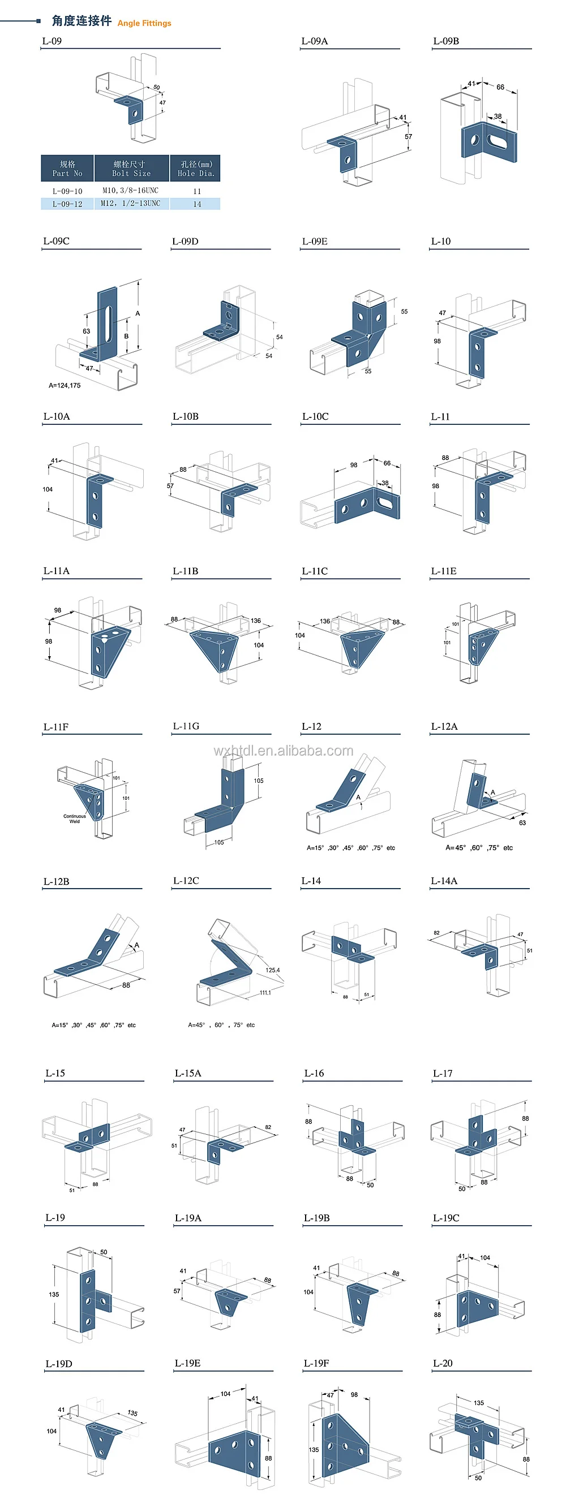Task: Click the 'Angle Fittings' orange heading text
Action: click(x=144, y=23)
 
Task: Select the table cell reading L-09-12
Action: click(x=67, y=204)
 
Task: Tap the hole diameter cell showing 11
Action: click(x=197, y=191)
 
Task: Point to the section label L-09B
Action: click(x=446, y=41)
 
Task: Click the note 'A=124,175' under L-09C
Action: click(x=65, y=385)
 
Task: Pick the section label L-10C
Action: click(x=315, y=417)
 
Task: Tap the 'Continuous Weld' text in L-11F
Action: click(x=75, y=818)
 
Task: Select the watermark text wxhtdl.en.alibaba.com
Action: click(x=283, y=751)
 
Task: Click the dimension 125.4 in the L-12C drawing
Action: click(x=272, y=970)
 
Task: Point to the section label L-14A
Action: click(x=444, y=881)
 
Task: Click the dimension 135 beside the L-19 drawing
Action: click(x=54, y=1294)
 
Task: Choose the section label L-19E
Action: click(x=187, y=1363)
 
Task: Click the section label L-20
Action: click(x=443, y=1363)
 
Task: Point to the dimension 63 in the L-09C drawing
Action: click(x=86, y=331)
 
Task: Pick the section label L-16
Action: click(x=314, y=1073)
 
